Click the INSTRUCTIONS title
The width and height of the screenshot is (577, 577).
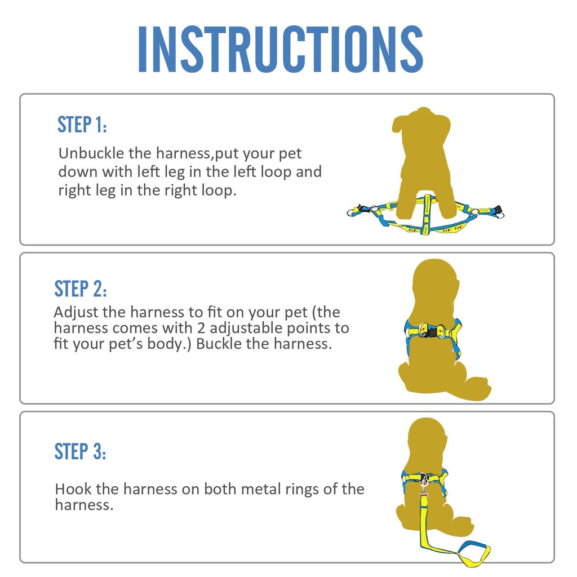click(x=280, y=49)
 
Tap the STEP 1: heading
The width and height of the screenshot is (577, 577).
click(x=82, y=125)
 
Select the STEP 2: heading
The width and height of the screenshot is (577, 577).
click(x=80, y=288)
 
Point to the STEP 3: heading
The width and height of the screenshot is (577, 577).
click(x=80, y=451)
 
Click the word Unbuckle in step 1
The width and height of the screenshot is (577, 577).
click(x=86, y=153)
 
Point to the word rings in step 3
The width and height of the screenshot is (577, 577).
click(x=299, y=489)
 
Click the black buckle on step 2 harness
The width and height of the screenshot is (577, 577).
click(x=432, y=333)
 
